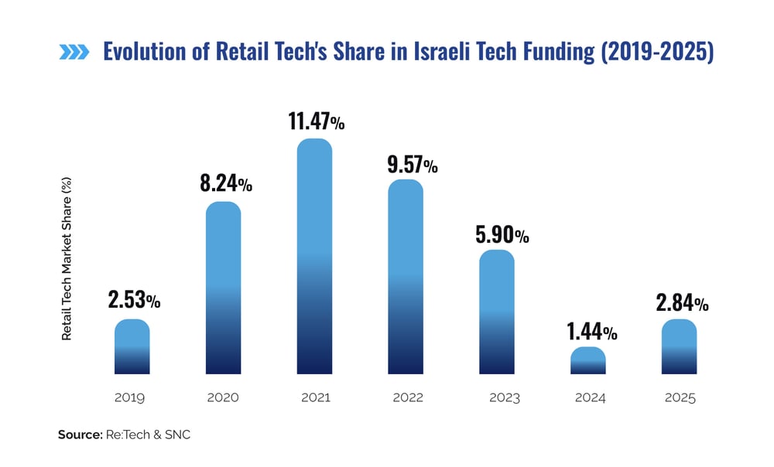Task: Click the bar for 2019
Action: (132, 347)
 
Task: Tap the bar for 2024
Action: (588, 361)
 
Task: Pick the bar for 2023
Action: (497, 312)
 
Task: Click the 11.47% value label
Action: (315, 121)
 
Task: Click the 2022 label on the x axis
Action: (407, 398)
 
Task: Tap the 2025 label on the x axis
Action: (680, 398)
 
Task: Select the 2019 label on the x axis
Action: (130, 398)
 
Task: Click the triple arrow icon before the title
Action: (74, 53)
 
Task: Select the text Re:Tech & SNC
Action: (147, 435)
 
